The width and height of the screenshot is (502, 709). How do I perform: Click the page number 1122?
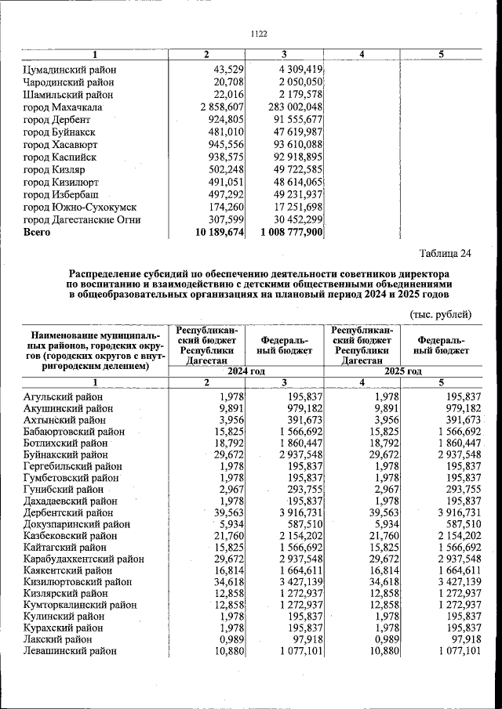tap(259, 34)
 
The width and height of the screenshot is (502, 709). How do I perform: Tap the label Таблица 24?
tap(445, 253)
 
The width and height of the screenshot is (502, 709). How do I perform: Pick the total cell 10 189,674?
tap(220, 233)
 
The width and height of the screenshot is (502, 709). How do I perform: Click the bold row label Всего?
tap(37, 233)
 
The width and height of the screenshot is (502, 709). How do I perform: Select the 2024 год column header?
tap(247, 371)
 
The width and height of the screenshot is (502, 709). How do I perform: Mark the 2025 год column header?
tap(402, 371)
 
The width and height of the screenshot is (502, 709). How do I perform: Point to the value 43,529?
tap(229, 70)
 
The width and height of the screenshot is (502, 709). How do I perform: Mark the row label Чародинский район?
tap(70, 81)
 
